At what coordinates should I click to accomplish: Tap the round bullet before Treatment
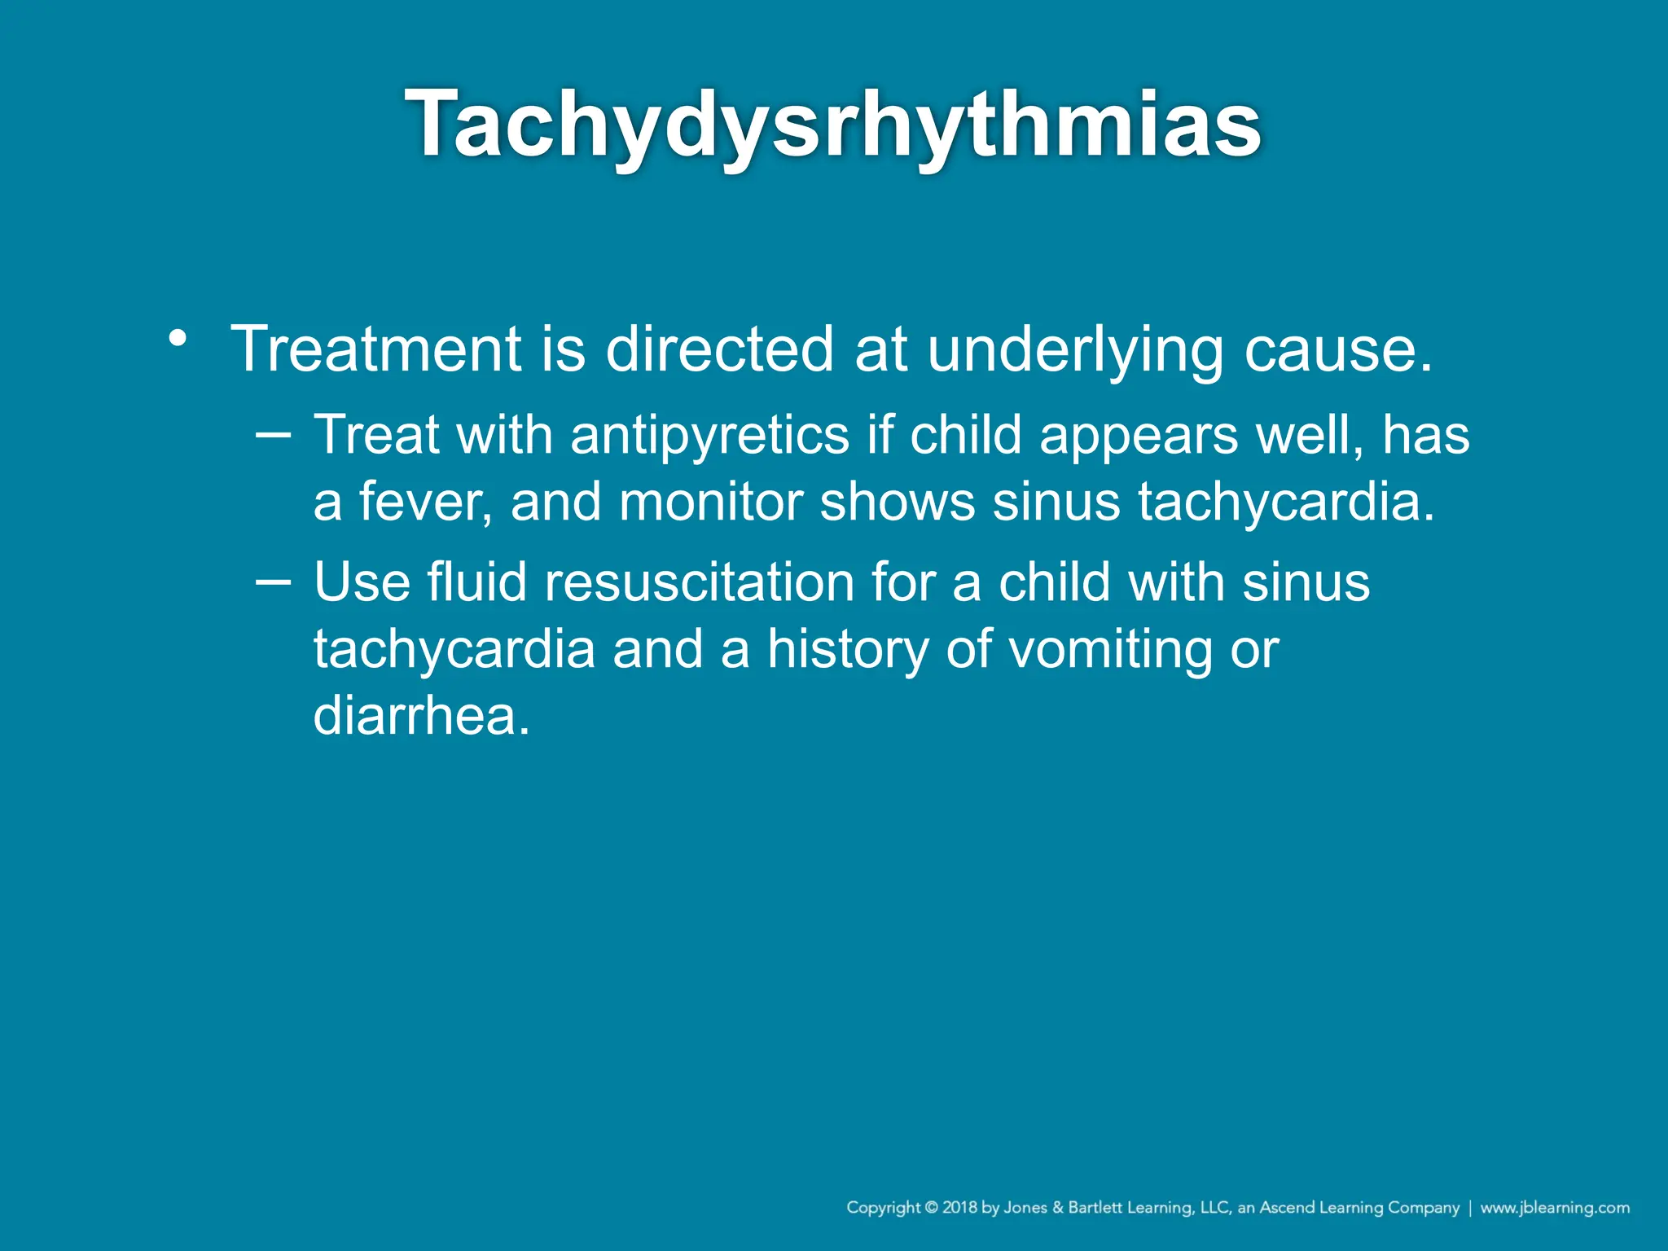[x=178, y=337]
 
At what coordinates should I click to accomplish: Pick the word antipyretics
[x=709, y=436]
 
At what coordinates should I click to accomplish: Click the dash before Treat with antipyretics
[x=273, y=434]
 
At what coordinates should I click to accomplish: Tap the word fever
[x=425, y=502]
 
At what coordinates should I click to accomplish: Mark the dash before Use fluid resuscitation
[x=273, y=582]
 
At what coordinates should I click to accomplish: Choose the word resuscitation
[x=699, y=583]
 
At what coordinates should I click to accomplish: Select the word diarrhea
[x=421, y=716]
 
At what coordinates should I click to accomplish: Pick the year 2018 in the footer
[x=960, y=1208]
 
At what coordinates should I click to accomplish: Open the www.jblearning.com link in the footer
[x=1555, y=1208]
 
